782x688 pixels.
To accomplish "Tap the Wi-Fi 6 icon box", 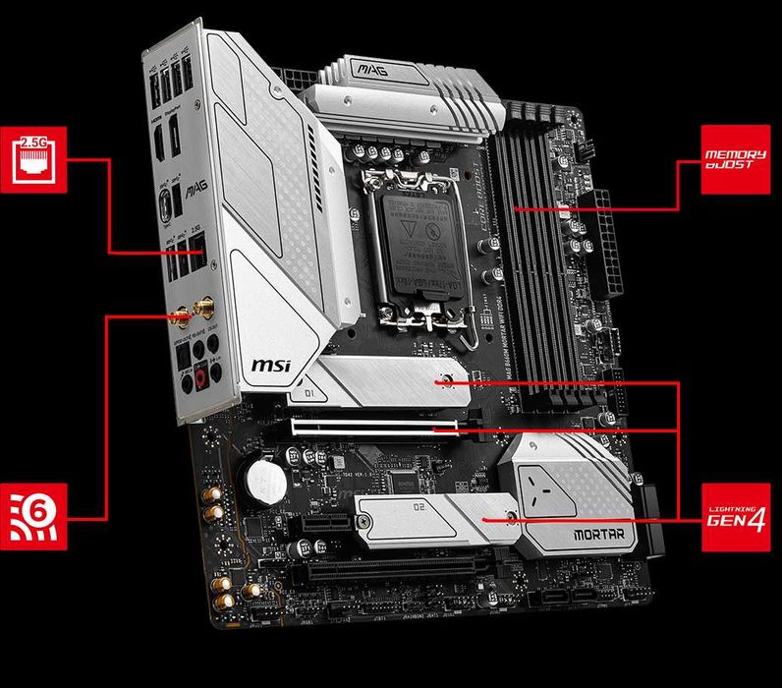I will coord(34,516).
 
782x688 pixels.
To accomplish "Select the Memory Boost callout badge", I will coord(735,159).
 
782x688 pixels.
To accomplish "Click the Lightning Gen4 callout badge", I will coord(735,516).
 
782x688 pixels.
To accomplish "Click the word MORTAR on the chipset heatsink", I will coord(596,537).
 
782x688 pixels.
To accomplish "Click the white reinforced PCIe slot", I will coord(373,428).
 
